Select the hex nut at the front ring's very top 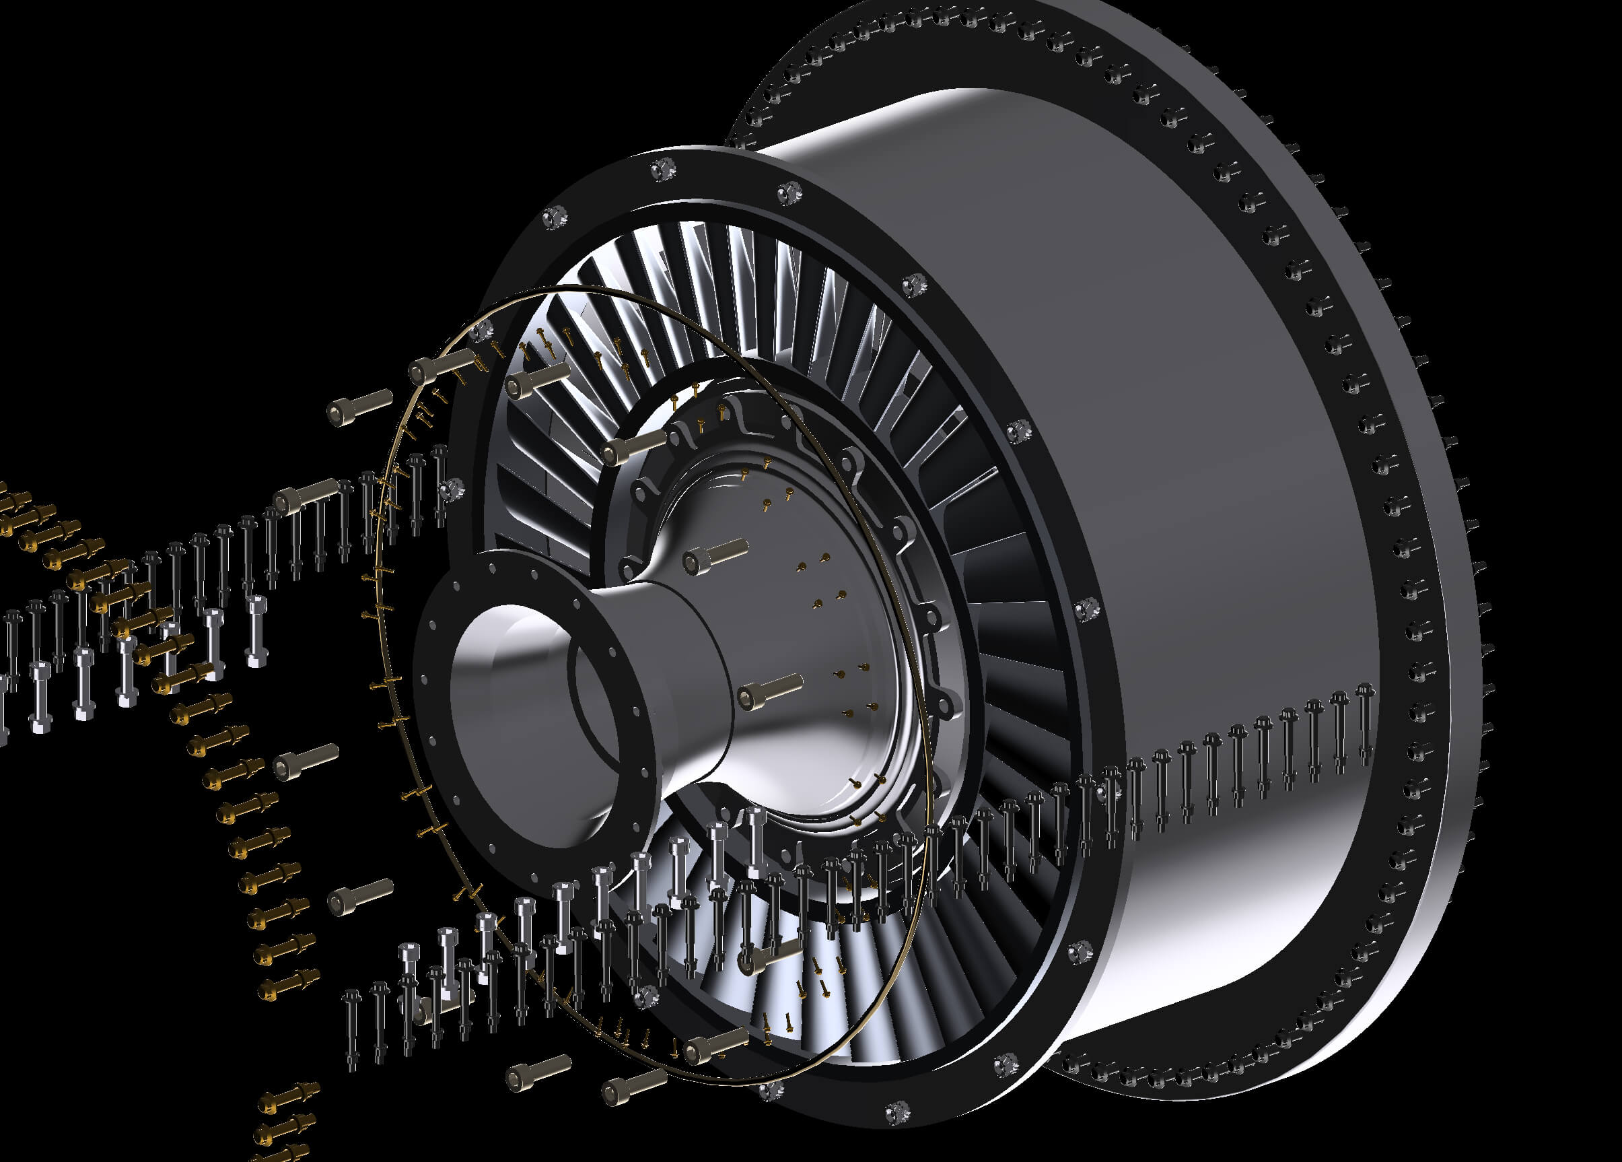[x=662, y=170]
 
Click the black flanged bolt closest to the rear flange [x=1364, y=722]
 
